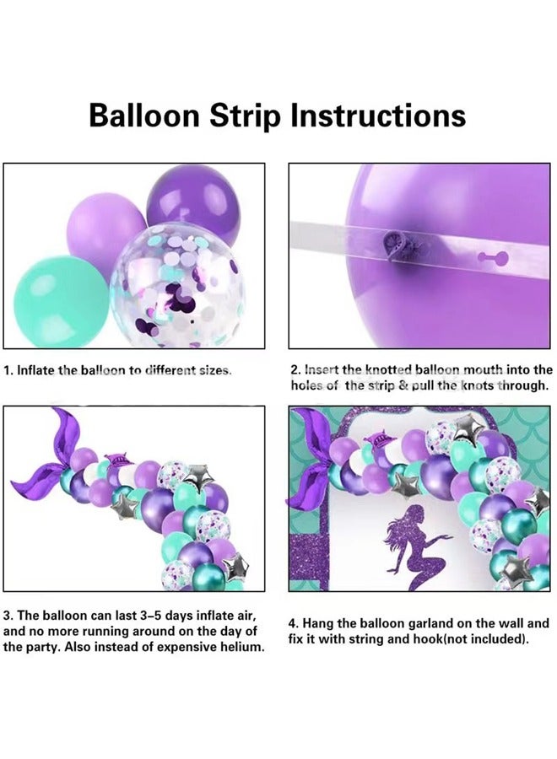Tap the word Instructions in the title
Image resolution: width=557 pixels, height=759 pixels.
(x=378, y=115)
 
